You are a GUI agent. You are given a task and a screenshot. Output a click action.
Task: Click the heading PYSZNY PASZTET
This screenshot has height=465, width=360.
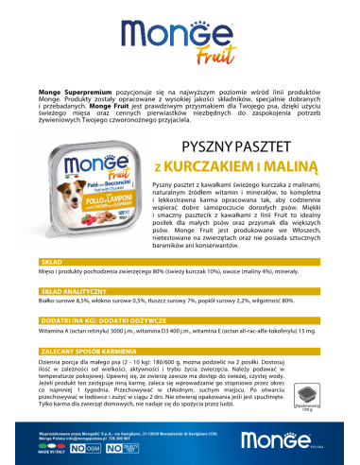tap(233, 147)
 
